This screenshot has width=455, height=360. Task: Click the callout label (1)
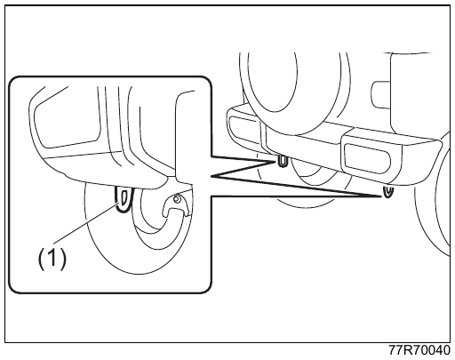coord(52,259)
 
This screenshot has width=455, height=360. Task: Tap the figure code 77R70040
coord(419,350)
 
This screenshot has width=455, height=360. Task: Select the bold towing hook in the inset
coord(124,200)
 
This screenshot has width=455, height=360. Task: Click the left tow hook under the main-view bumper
coord(283,161)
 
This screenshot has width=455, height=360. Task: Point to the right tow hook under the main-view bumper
coord(387,191)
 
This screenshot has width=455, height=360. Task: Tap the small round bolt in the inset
coord(177,198)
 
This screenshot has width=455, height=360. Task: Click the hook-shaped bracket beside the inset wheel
coord(176,204)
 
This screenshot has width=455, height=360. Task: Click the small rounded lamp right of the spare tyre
coord(380,94)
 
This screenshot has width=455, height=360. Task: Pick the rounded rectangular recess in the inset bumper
coord(69,124)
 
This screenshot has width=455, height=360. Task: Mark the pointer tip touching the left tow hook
coord(276,162)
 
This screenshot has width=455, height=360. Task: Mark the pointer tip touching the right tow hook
coord(381,196)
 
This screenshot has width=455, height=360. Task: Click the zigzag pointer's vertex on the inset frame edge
coord(212,176)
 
